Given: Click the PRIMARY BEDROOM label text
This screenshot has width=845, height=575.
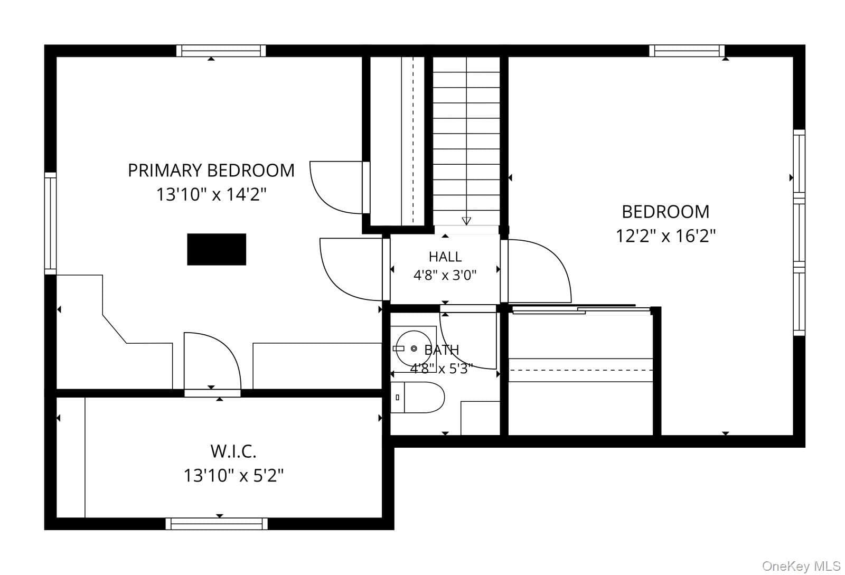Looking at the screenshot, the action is tap(211, 171).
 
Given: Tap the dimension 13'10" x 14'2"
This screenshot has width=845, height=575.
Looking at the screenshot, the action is tap(211, 195).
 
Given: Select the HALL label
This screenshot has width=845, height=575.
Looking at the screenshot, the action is tap(445, 257).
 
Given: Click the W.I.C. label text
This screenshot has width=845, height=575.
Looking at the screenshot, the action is tap(233, 451).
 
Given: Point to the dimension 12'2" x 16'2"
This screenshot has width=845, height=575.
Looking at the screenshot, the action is tap(665, 236).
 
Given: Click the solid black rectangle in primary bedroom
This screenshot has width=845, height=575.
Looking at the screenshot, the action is tap(217, 249).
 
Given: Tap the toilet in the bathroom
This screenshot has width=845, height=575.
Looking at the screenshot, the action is tap(417, 397).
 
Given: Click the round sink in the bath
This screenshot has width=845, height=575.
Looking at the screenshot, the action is tap(414, 349).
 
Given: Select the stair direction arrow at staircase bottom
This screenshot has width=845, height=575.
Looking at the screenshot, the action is tap(466, 221).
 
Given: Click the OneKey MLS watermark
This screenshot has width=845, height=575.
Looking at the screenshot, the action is tap(801, 566).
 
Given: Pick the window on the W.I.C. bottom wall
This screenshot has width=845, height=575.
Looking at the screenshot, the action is tap(217, 524).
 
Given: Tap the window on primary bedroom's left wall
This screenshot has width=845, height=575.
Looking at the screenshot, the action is tap(51, 223).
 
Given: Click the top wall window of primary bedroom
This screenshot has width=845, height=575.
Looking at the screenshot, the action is tap(221, 51).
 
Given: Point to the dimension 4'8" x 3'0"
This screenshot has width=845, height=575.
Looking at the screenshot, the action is tap(445, 275).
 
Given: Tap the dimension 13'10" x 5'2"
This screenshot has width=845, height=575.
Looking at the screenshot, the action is tap(233, 475).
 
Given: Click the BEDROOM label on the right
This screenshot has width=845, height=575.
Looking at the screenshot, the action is tap(665, 212).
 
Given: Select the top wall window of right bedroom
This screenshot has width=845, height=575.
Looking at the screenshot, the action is tap(687, 51).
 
